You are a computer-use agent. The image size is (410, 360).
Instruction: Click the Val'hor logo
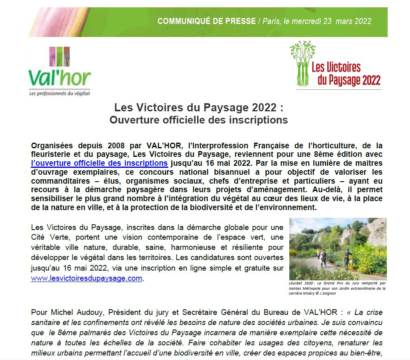(60, 72)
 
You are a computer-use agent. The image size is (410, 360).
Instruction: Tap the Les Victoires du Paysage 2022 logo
(336, 65)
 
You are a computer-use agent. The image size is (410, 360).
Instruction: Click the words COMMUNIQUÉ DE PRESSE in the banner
(206, 21)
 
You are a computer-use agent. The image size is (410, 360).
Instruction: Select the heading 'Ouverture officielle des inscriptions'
(199, 120)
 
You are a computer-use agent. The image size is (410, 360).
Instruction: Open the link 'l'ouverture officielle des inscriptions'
(100, 163)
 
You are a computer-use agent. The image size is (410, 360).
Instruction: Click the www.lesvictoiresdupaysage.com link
(87, 278)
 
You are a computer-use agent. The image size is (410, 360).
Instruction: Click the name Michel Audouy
(69, 312)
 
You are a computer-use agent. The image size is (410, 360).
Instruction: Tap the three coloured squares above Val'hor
(59, 56)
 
